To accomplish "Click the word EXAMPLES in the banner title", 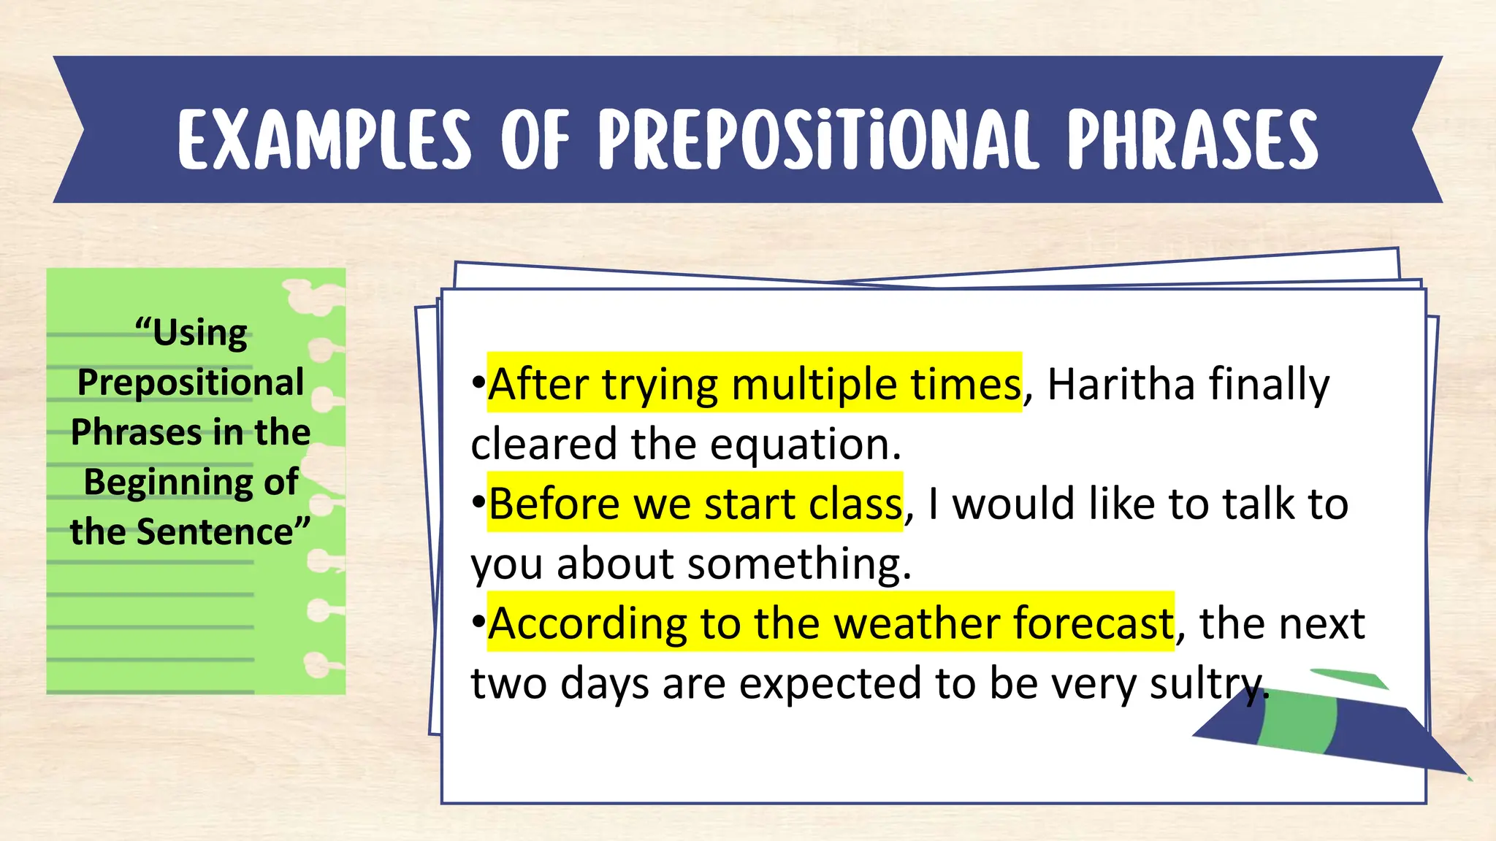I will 324,139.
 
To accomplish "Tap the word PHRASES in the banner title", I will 1192,139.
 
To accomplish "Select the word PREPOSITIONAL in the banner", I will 817,139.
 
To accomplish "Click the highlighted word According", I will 588,624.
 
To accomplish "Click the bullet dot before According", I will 478,622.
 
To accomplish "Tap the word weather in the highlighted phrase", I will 917,624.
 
